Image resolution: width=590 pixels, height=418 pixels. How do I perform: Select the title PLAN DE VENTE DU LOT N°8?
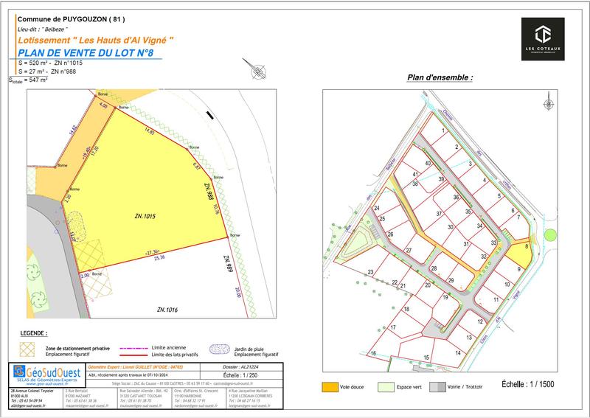coord(87,52)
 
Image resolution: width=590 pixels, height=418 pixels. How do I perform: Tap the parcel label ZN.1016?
coord(167,310)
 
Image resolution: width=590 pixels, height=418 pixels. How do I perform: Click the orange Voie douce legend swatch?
coord(330,386)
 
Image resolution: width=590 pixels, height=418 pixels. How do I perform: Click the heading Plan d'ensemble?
coord(440,77)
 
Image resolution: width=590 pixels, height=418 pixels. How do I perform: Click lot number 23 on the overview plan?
coord(370,272)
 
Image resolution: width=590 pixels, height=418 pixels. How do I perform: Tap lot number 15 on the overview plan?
coord(426,358)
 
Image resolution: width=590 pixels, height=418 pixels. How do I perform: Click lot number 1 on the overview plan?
coord(443,130)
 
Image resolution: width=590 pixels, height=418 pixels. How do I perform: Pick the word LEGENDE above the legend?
coord(35,333)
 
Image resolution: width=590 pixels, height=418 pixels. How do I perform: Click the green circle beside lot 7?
coord(549,235)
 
